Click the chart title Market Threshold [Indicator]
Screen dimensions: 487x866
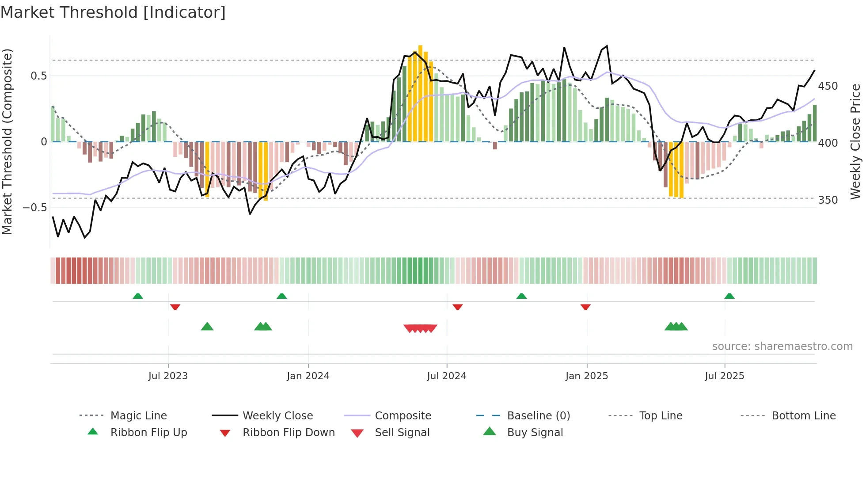[113, 12]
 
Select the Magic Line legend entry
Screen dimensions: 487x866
[138, 416]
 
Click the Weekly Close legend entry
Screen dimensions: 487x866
[277, 416]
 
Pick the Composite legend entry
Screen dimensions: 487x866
[403, 416]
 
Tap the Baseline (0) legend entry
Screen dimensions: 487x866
[538, 416]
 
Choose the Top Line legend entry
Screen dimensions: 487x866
[661, 416]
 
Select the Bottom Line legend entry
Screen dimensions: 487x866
[803, 416]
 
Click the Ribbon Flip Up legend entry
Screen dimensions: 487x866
[148, 433]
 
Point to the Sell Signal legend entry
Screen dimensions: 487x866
[402, 433]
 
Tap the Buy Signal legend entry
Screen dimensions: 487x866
[535, 433]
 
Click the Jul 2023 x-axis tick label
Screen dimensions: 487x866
[168, 376]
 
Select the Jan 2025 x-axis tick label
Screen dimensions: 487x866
[586, 376]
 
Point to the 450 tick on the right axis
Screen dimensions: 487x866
[828, 86]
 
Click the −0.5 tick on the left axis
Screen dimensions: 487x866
[35, 208]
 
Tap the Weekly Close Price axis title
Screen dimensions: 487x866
[855, 141]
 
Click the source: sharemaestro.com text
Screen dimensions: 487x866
[782, 346]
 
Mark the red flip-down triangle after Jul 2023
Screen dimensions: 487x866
[175, 307]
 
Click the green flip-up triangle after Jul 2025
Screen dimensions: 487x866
[729, 296]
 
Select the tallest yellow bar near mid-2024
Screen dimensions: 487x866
[420, 93]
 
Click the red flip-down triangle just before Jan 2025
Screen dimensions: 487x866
[585, 307]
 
